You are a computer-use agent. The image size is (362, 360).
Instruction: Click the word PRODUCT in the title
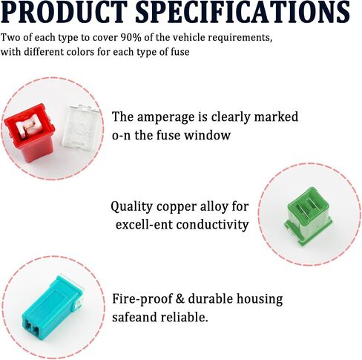click(x=64, y=12)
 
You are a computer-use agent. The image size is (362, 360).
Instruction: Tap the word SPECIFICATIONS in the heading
click(x=243, y=12)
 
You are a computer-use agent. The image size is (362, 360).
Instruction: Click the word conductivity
click(x=212, y=225)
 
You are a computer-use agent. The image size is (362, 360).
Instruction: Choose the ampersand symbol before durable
click(x=180, y=298)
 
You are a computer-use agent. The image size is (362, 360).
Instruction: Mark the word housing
click(x=260, y=299)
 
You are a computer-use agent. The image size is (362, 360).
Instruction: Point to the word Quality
click(x=131, y=207)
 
